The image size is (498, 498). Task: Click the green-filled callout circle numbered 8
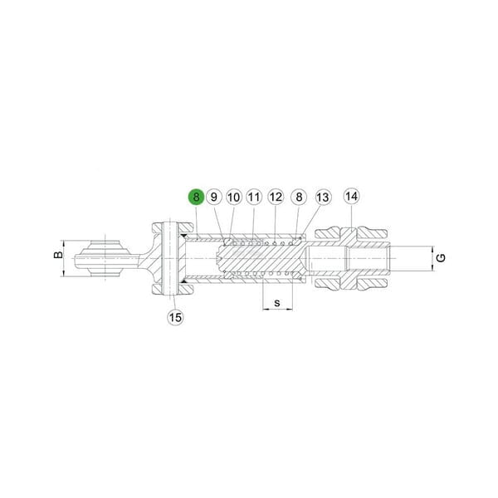coord(196,197)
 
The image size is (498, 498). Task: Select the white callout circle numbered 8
coord(299,197)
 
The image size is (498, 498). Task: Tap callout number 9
coord(214,197)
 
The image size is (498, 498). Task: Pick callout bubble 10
coord(234,197)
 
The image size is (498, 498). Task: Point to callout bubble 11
coord(254,197)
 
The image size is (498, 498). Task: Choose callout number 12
coord(276,197)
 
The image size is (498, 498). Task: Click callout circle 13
coord(323,197)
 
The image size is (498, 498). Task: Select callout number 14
coord(352,196)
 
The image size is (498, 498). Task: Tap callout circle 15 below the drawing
coord(175,317)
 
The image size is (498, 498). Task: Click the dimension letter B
coord(58,255)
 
